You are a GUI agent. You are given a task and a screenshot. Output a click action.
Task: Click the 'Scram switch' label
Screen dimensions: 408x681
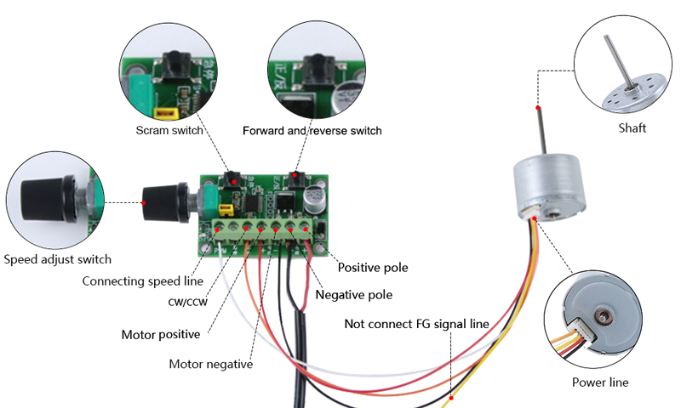click(x=169, y=131)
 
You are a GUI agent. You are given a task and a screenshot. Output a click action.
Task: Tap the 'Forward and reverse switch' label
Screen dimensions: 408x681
click(x=312, y=131)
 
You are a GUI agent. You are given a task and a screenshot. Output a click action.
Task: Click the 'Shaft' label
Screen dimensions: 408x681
click(x=632, y=128)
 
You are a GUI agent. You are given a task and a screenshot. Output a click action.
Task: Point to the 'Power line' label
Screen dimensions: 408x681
click(x=599, y=382)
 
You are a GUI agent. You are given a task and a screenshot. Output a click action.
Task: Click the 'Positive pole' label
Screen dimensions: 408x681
click(x=373, y=267)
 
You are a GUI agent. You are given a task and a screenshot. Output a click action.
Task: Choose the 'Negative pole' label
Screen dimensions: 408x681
click(x=354, y=295)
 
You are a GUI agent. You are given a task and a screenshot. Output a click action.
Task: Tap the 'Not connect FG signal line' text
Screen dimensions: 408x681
click(x=416, y=324)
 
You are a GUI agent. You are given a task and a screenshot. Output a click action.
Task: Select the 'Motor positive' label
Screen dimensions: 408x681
click(x=160, y=334)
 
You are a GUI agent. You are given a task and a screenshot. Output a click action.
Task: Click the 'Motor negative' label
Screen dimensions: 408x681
click(x=210, y=364)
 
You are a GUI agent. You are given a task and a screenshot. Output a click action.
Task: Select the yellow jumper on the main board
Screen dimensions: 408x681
click(x=226, y=208)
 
